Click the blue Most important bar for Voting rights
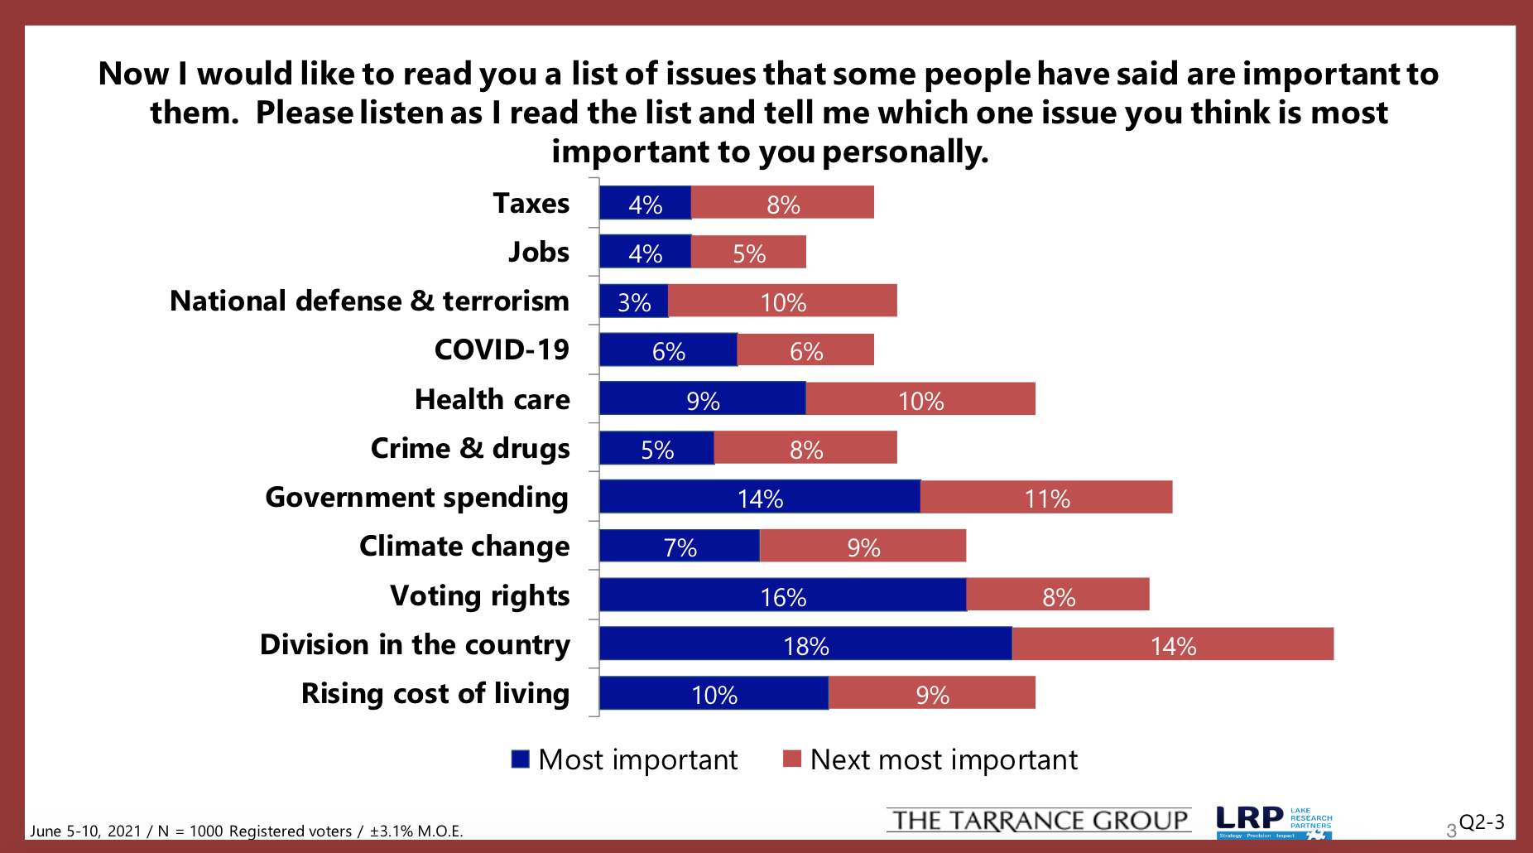click(x=782, y=595)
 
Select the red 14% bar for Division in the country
click(x=1172, y=643)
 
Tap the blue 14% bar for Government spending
click(x=759, y=497)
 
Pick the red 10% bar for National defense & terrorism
click(x=782, y=301)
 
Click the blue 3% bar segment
click(x=633, y=301)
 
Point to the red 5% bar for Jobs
click(x=748, y=252)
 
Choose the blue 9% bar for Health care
click(x=702, y=398)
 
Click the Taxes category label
click(x=531, y=203)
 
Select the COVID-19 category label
click(x=502, y=349)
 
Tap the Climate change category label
click(x=464, y=546)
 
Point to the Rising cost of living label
click(x=435, y=693)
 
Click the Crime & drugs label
click(x=469, y=448)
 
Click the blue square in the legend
click(x=520, y=759)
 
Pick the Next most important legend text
click(x=944, y=759)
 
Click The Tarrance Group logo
click(x=1039, y=820)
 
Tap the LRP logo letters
click(x=1250, y=818)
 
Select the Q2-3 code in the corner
click(x=1481, y=822)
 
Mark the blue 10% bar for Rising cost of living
click(x=714, y=693)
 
